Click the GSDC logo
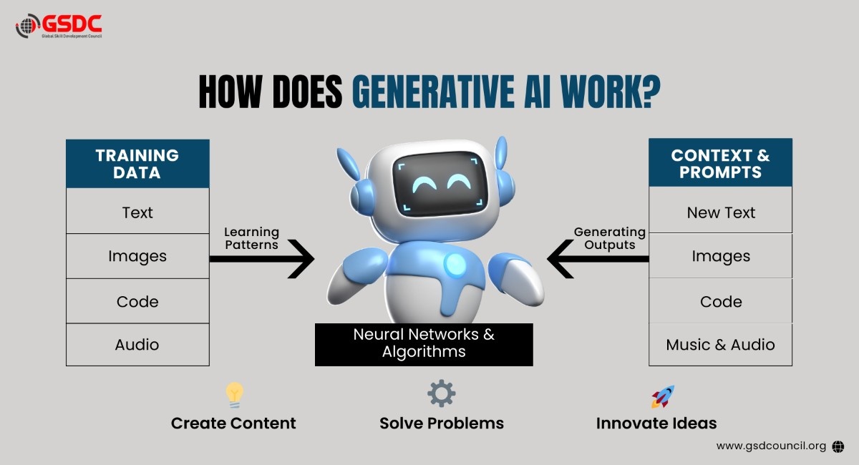click(x=59, y=26)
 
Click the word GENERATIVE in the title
click(x=433, y=92)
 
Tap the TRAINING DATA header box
click(x=137, y=164)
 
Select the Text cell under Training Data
click(x=137, y=211)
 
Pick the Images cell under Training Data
click(x=137, y=256)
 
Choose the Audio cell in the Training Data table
click(x=137, y=345)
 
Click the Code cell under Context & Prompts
click(x=721, y=301)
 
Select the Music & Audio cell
click(x=721, y=345)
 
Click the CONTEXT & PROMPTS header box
click(x=721, y=163)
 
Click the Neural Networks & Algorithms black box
click(x=424, y=345)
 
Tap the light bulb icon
click(x=234, y=394)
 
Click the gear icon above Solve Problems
click(x=442, y=393)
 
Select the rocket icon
click(x=663, y=396)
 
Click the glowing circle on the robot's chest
click(x=455, y=265)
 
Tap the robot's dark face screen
click(x=440, y=183)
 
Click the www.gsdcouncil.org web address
click(x=771, y=446)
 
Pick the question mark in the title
click(x=650, y=92)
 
